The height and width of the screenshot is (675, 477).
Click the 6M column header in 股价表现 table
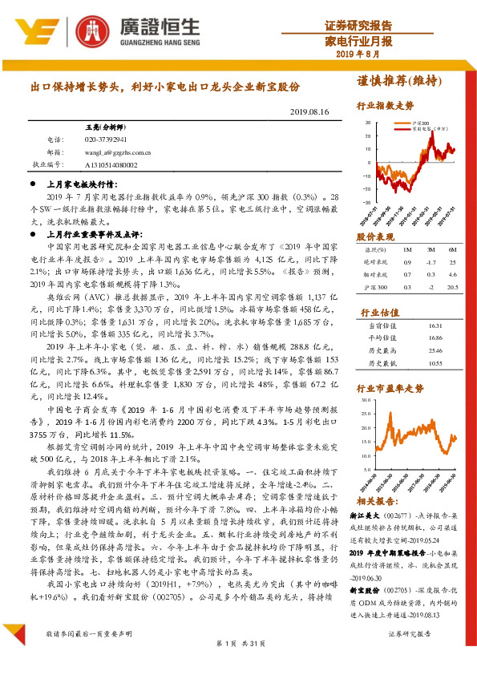pos(453,250)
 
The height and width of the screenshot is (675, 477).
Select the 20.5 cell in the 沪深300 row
pos(452,285)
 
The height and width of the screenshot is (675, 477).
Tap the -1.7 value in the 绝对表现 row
pos(431,262)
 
